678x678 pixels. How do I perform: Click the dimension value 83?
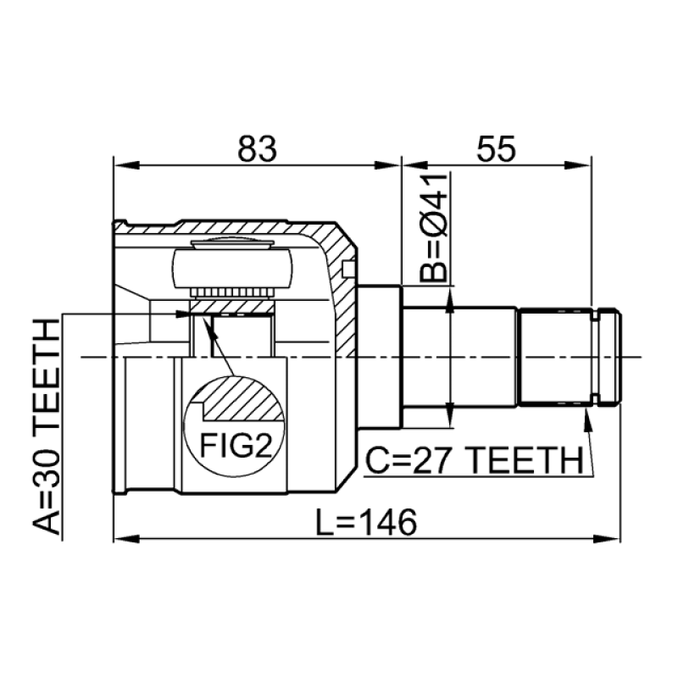[257, 148]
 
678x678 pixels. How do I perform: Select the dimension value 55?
[496, 148]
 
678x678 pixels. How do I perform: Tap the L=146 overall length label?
[366, 522]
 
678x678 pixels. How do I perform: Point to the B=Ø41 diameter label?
[433, 228]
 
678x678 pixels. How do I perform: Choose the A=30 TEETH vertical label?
[46, 426]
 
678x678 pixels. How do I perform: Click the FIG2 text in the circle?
[236, 446]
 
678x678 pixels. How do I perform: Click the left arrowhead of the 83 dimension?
[127, 165]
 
